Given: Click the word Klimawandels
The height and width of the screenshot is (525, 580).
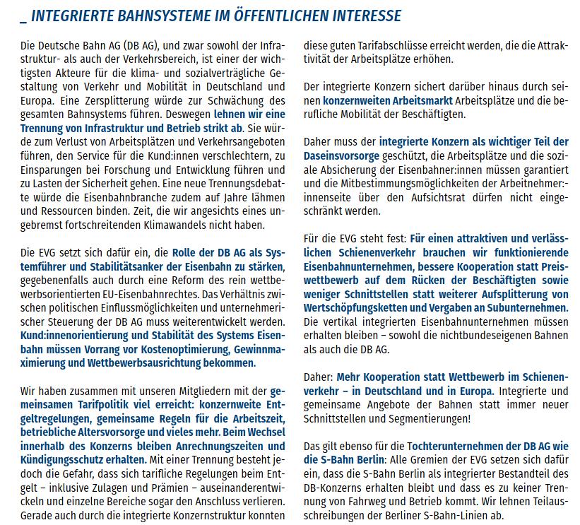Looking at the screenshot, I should tap(195, 225).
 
